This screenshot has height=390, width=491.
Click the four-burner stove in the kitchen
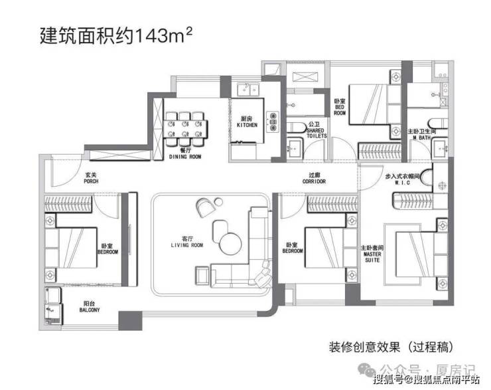(271, 120)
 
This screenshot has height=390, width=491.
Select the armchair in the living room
(205, 206)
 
